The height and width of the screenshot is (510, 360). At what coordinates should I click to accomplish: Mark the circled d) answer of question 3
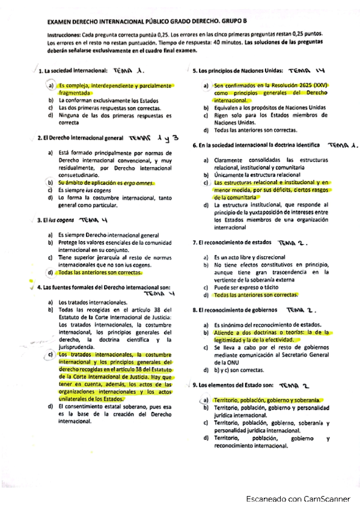pyautogui.click(x=51, y=272)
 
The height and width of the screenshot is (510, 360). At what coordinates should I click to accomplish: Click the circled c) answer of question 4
pyautogui.click(x=51, y=355)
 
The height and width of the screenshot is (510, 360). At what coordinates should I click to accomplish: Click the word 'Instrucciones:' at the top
pyautogui.click(x=65, y=35)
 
